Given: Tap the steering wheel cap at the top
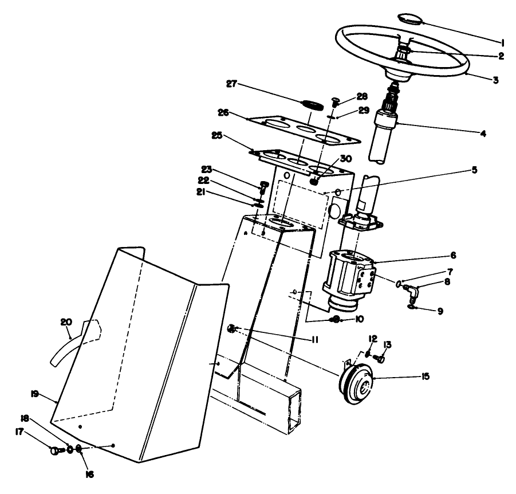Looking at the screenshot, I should [x=411, y=18].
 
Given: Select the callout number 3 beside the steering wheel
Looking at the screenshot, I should [x=495, y=80].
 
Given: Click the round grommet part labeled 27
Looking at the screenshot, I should [x=313, y=105].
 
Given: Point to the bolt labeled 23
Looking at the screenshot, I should [x=265, y=186].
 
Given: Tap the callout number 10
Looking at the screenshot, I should [x=359, y=319].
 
